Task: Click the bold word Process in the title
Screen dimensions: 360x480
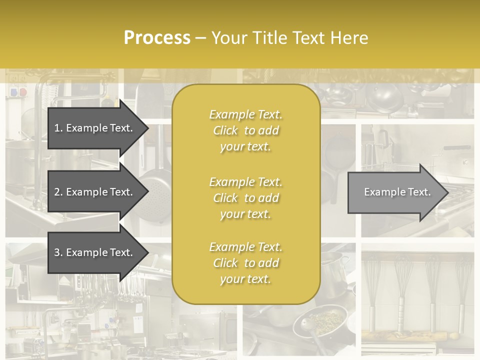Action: tap(157, 38)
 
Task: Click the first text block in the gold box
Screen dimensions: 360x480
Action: tap(245, 130)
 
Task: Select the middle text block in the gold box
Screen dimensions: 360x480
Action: tap(245, 198)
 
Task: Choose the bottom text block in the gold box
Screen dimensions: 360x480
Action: tap(245, 263)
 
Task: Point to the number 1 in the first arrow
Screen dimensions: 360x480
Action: tap(57, 128)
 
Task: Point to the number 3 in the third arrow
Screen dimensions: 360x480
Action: tap(57, 252)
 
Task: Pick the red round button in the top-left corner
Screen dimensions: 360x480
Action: tap(22, 92)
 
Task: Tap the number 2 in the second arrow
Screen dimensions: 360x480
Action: tap(57, 192)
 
